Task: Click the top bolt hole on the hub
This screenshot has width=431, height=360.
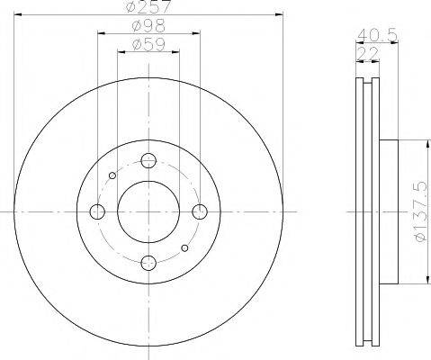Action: (149, 160)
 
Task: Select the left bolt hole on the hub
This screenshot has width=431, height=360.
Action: (98, 211)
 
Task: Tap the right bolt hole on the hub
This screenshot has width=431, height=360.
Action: (201, 211)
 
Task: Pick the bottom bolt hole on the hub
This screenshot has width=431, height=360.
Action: (149, 263)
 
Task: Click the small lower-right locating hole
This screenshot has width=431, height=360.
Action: (185, 247)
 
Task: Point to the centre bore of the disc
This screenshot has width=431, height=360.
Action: (149, 211)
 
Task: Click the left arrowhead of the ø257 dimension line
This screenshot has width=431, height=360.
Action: (18, 16)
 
